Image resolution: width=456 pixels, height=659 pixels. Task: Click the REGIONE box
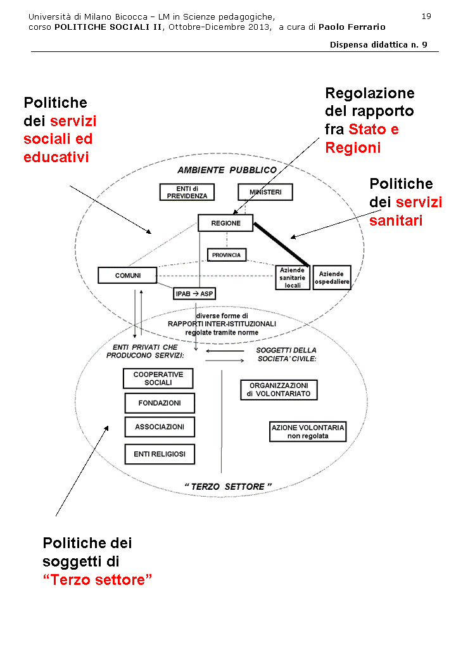coord(225,223)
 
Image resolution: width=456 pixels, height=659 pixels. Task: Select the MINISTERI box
coord(265,192)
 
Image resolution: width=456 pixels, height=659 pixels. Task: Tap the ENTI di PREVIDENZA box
coord(187,192)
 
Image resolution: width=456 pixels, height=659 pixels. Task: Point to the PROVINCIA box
coord(227,255)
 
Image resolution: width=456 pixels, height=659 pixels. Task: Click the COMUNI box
coord(127,275)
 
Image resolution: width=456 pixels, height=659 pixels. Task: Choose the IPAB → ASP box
coord(194,293)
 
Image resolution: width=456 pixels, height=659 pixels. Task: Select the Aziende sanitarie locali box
coord(293,278)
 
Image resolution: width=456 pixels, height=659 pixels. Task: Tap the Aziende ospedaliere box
coord(331,278)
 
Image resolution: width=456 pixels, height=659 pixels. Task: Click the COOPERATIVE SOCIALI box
coord(158,378)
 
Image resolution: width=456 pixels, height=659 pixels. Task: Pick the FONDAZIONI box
coord(159,403)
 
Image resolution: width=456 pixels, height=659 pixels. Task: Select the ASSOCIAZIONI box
coord(159,427)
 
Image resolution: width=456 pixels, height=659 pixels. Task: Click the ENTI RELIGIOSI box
coord(159,454)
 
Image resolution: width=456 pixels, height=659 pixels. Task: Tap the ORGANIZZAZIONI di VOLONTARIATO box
coord(279,390)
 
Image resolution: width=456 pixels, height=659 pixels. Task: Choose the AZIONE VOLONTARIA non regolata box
coord(308,432)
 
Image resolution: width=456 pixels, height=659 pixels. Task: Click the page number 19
coord(426,16)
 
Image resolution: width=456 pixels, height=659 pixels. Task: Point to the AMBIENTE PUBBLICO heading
coord(227,170)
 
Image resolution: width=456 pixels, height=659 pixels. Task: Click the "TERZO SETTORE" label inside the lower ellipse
coord(228,486)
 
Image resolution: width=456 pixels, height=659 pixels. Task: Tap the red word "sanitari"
coord(396,221)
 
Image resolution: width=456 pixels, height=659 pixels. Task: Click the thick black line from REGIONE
coord(282,243)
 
